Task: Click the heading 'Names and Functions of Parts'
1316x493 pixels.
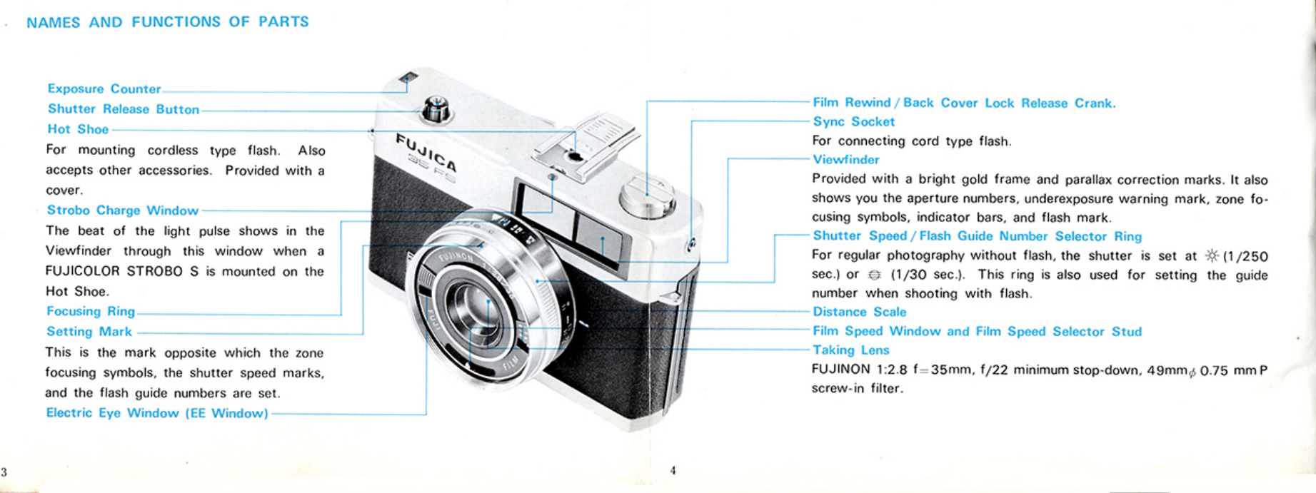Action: pyautogui.click(x=167, y=22)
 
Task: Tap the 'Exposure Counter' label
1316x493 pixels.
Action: pyautogui.click(x=104, y=89)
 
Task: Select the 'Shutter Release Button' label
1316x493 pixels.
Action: pyautogui.click(x=123, y=109)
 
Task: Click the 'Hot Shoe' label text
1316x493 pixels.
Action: pyautogui.click(x=78, y=129)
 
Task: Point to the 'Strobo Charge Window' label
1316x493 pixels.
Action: pyautogui.click(x=122, y=210)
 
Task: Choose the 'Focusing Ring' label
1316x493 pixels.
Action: pyautogui.click(x=91, y=311)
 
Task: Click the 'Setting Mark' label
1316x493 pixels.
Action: pyautogui.click(x=89, y=332)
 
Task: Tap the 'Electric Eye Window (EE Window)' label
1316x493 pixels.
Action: pyautogui.click(x=157, y=413)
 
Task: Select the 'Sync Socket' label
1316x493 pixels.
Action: pyautogui.click(x=853, y=122)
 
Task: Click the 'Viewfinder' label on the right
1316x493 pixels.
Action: pyautogui.click(x=846, y=160)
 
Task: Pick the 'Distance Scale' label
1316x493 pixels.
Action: pyautogui.click(x=859, y=312)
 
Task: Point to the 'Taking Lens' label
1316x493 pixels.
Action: pyautogui.click(x=850, y=350)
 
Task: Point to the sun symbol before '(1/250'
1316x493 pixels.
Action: pyautogui.click(x=1212, y=256)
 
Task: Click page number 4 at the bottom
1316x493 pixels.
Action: pyautogui.click(x=673, y=470)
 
